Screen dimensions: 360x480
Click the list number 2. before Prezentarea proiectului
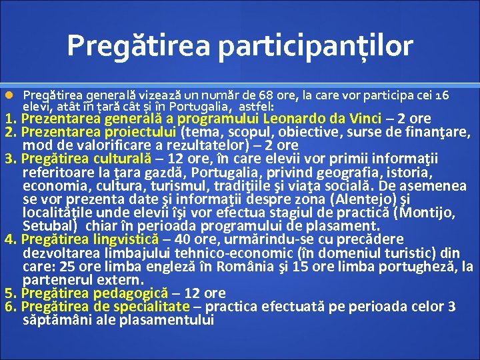[x=11, y=132]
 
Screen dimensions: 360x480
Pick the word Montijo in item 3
[x=424, y=213]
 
